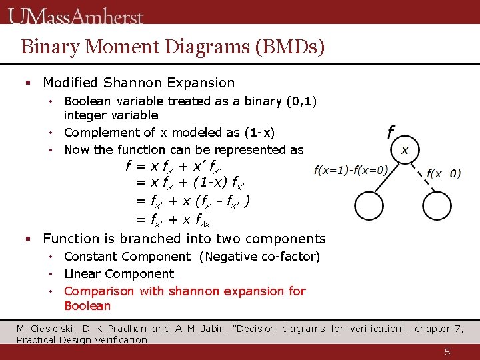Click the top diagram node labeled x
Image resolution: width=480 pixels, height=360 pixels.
(x=405, y=149)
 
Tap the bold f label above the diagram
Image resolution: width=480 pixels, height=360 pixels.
(x=391, y=132)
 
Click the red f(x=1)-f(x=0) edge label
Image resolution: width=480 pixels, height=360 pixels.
(x=351, y=170)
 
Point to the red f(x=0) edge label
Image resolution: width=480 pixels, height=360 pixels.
(x=443, y=173)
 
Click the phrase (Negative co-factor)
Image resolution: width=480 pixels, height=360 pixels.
(x=259, y=257)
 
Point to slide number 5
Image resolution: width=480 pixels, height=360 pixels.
(x=448, y=352)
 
